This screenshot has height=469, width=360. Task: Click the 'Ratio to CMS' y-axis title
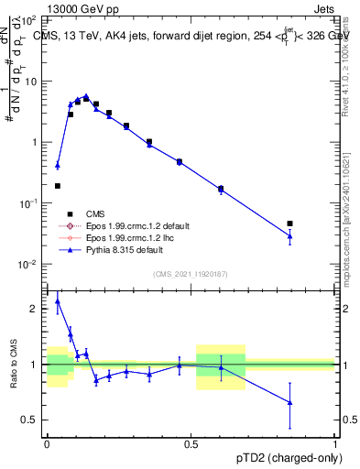pos(12,365)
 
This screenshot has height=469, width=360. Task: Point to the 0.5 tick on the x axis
pos(191,442)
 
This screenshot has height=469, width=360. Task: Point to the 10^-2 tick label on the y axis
pos(28,265)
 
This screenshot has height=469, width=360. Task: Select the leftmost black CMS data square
pos(57,186)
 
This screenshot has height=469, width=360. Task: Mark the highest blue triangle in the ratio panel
pos(58,300)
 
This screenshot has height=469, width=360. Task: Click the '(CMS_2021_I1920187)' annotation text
pos(191,274)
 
